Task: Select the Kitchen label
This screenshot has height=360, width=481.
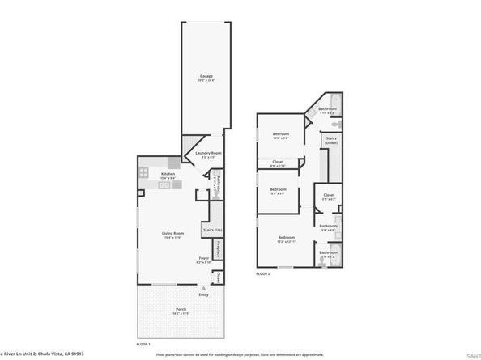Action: [x=168, y=174]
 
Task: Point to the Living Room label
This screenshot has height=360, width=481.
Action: [x=171, y=234]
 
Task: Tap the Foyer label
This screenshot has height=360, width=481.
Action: [x=204, y=258]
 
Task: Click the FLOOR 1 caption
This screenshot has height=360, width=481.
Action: [x=143, y=345]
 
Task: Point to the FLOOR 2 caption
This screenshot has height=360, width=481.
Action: [x=262, y=274]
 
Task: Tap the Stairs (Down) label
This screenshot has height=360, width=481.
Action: [x=330, y=139]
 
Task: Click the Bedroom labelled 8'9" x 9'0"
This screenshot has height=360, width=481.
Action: [x=277, y=192]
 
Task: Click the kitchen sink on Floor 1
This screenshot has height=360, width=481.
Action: [x=164, y=185]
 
